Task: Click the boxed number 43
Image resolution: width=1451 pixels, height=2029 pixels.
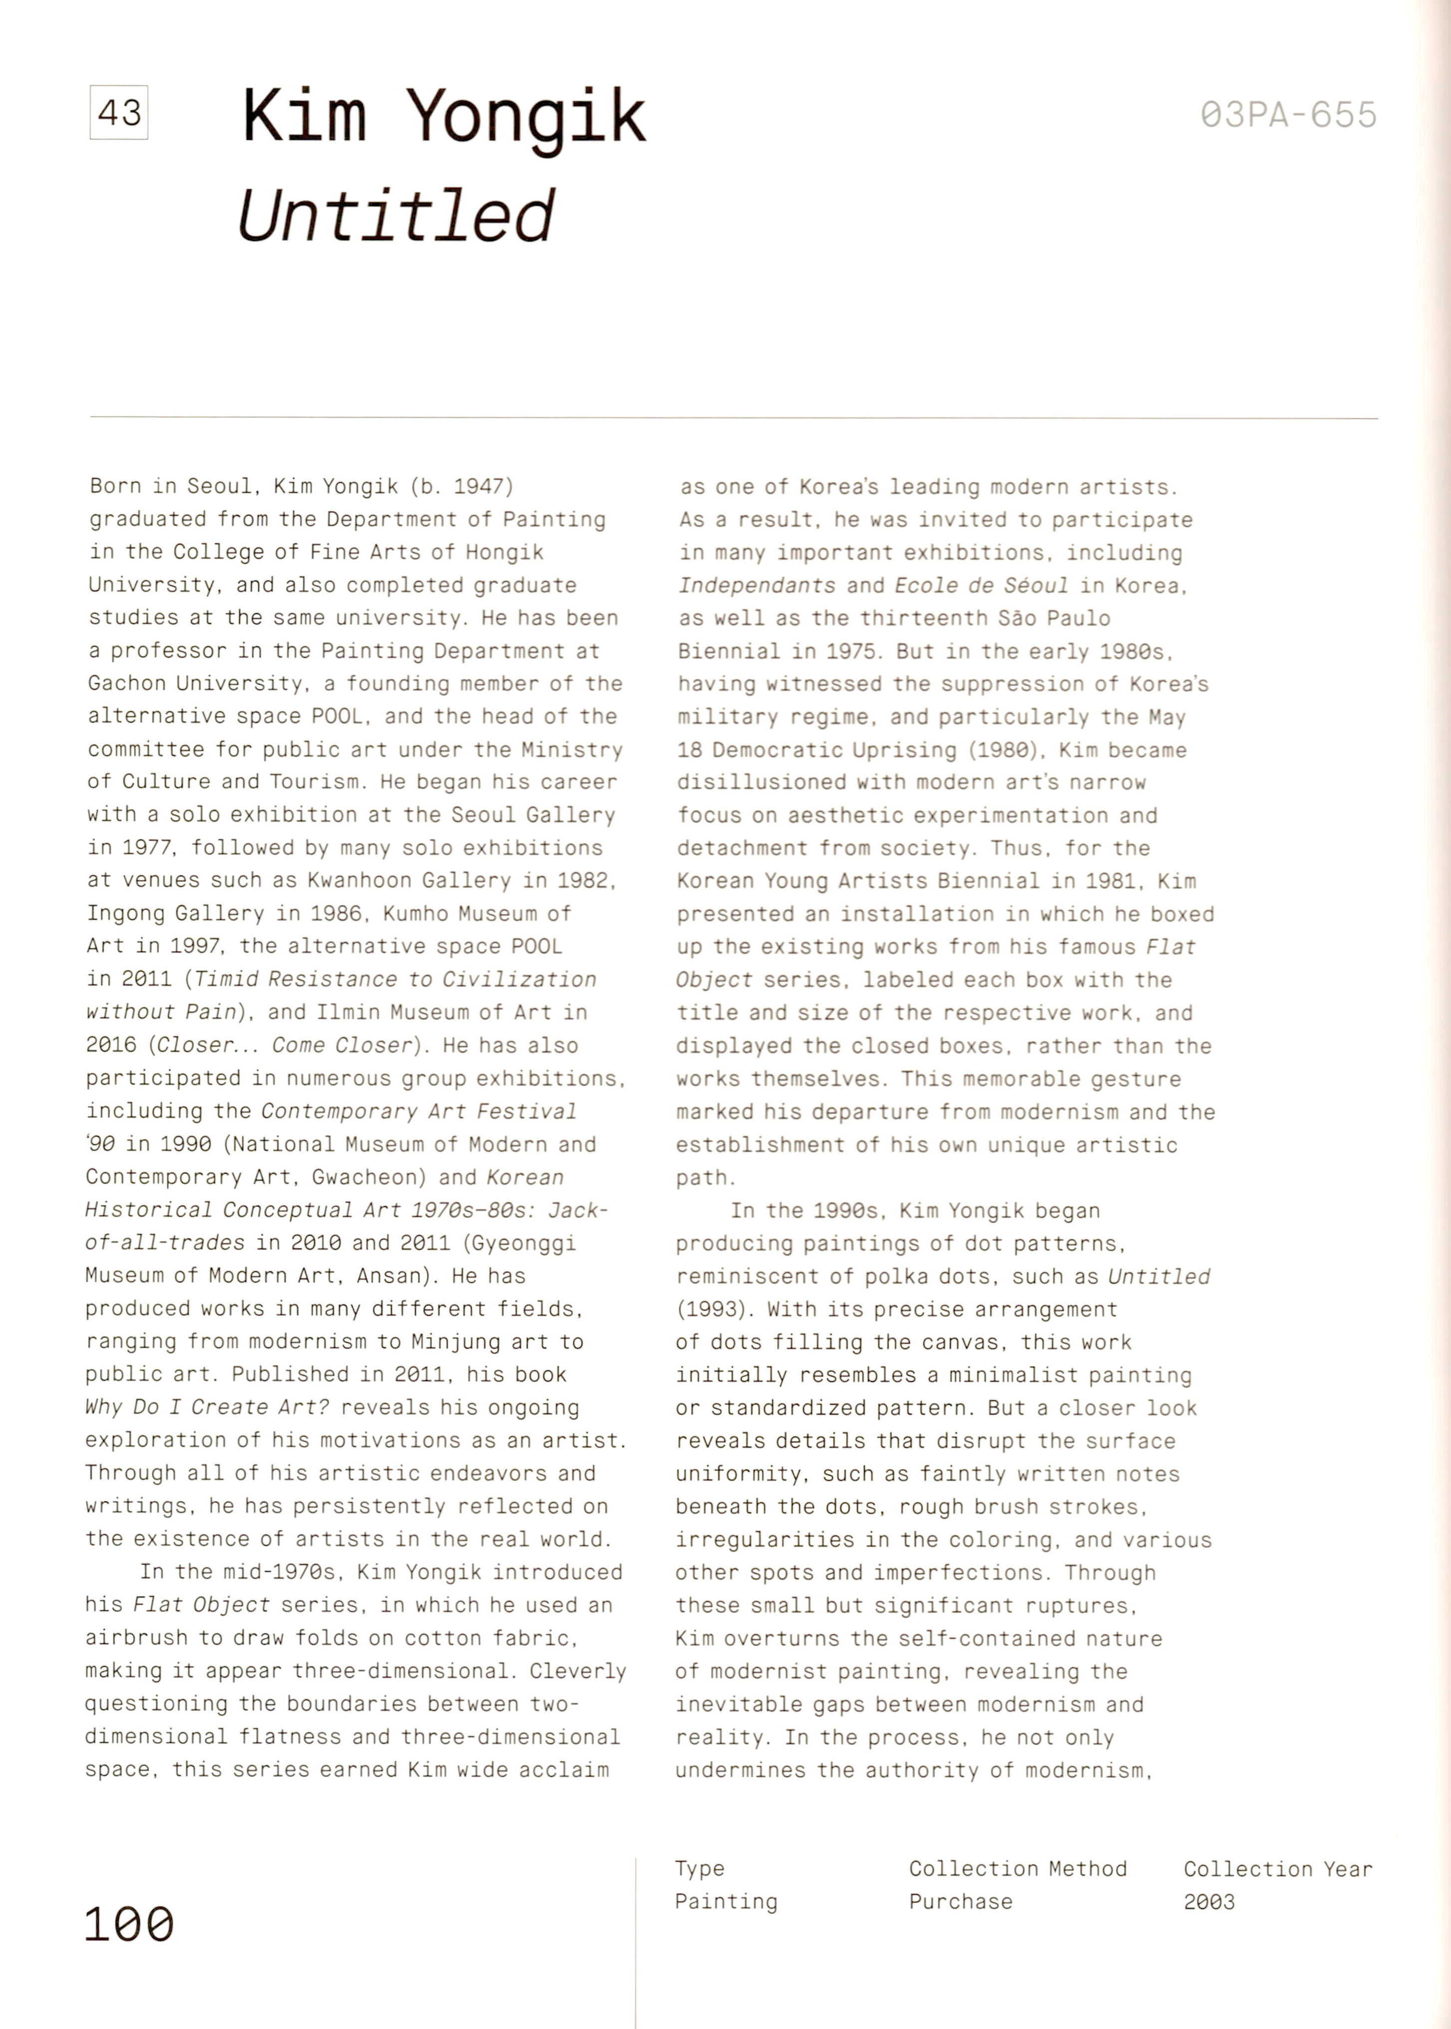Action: (119, 113)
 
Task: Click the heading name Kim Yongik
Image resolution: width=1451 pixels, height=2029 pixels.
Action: (444, 117)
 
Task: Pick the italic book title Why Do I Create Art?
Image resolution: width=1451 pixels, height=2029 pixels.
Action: (207, 1407)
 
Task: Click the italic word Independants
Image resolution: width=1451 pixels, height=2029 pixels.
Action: (757, 586)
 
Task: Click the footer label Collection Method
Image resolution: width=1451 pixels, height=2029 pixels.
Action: (1018, 1869)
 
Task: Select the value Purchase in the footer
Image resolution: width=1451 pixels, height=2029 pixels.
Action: (961, 1902)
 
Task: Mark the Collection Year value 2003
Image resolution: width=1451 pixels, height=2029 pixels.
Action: (1209, 1902)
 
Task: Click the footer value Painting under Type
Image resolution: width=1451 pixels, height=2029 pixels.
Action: (725, 1902)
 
